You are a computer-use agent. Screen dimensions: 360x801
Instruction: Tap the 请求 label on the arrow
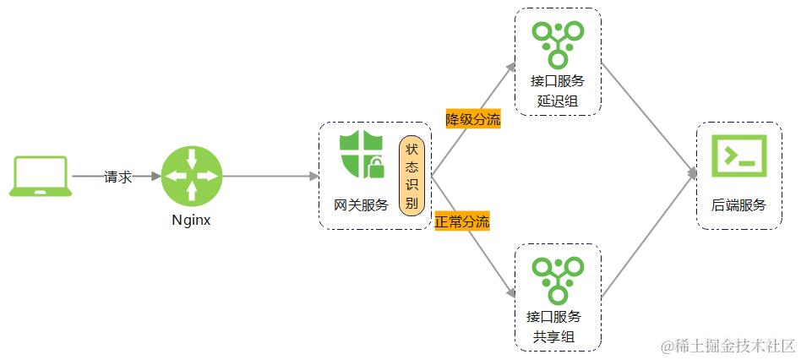[x=117, y=177]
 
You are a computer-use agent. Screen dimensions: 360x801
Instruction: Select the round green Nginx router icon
[x=190, y=175]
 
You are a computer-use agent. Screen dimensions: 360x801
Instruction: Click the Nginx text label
[x=190, y=221]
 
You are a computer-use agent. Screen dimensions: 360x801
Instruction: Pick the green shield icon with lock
[x=361, y=154]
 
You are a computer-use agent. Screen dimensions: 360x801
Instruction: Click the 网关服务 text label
[x=361, y=205]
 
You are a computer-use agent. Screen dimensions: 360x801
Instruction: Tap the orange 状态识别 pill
[x=411, y=175]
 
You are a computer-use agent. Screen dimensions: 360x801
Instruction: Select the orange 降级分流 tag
[x=473, y=119]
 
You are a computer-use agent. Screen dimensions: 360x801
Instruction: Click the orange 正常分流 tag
[x=462, y=223]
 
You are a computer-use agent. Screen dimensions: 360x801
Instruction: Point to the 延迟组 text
[x=558, y=101]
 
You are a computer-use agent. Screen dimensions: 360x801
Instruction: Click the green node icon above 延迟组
[x=558, y=42]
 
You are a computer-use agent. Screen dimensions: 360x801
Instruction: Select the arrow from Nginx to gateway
[x=269, y=177]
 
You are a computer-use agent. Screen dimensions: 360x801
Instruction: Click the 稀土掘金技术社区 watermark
[x=728, y=346]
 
